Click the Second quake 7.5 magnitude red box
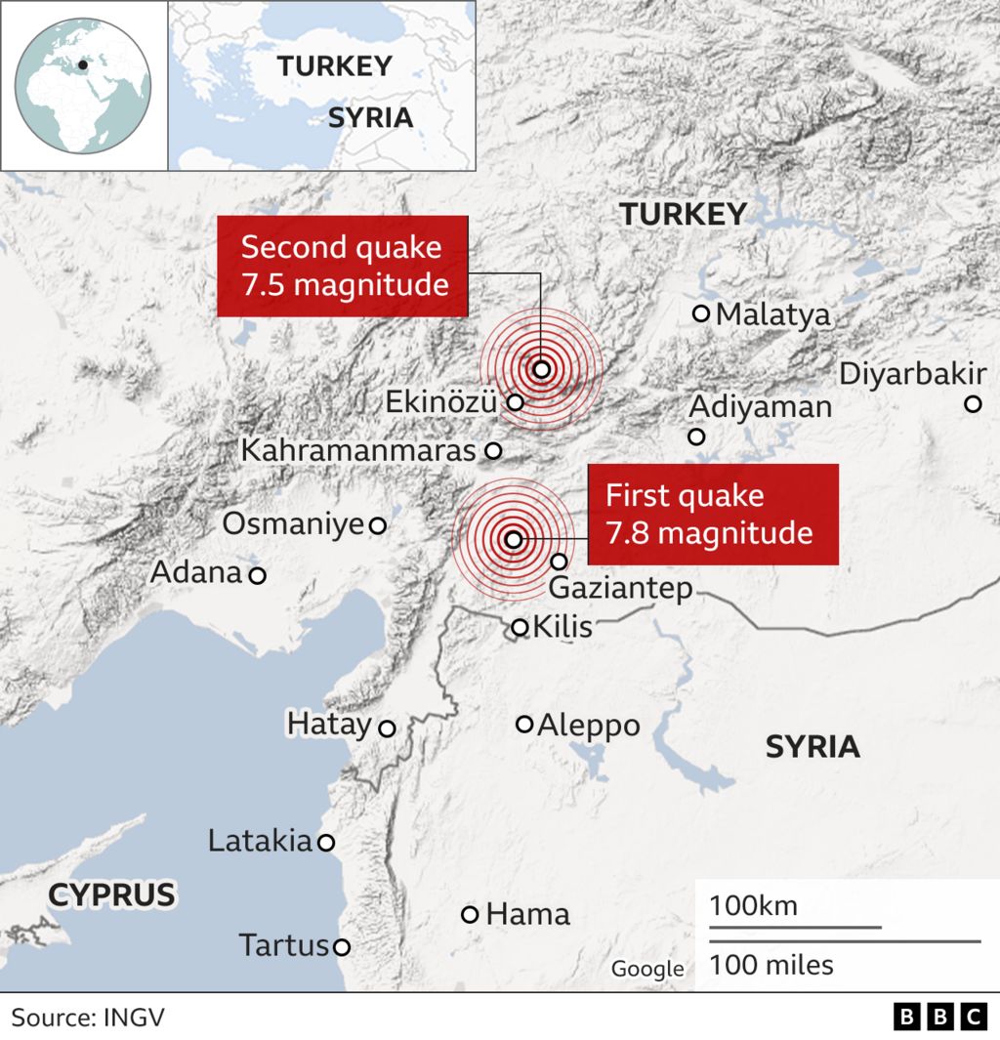coord(342,266)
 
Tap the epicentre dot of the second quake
coord(542,369)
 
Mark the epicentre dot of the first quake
coord(514,539)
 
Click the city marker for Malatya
coord(700,313)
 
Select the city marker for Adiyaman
coord(696,437)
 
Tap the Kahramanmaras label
coord(358,451)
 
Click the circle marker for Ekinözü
coord(516,401)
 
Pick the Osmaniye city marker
coord(377,525)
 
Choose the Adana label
coord(195,572)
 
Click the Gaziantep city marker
coord(559,562)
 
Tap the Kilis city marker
coord(520,627)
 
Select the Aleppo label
coord(589,725)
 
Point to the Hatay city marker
coord(387,728)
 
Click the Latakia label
coord(259,841)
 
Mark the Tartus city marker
coord(342,946)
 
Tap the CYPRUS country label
coord(111,894)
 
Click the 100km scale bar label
coord(753,905)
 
